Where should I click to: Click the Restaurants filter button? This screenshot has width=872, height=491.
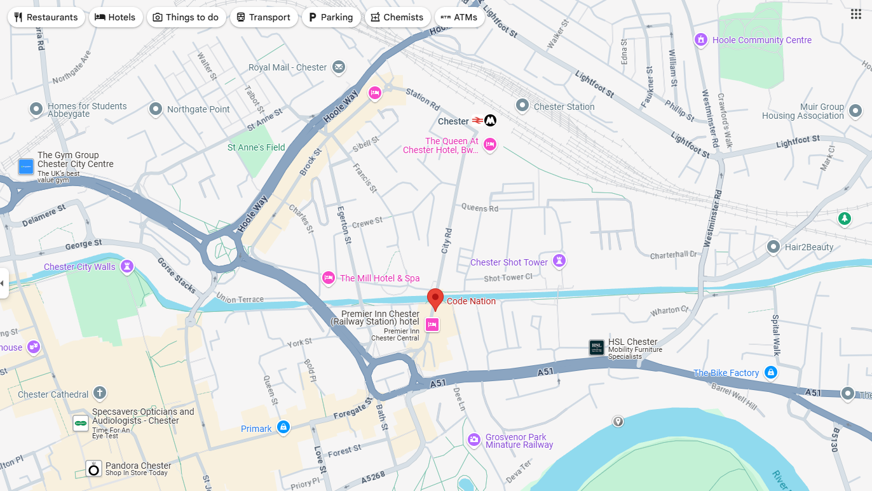pos(46,17)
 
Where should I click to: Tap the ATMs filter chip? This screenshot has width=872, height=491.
pos(459,17)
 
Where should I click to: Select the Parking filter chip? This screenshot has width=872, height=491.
pos(330,17)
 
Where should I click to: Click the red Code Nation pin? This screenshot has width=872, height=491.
pos(435,299)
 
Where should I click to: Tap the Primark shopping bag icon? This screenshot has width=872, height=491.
pos(283,427)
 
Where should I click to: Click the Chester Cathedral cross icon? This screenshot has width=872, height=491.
pos(99,393)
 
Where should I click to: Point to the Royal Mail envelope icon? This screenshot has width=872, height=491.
pos(339,67)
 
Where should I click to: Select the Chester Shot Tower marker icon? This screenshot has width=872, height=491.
pos(559,260)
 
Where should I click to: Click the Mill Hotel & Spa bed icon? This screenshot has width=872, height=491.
pos(329,277)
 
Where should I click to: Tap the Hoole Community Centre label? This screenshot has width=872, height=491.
pos(761,40)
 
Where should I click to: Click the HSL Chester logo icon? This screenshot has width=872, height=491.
pos(596,347)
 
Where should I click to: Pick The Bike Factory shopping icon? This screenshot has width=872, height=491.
pos(770,372)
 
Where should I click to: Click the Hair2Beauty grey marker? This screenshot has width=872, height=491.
pos(773,246)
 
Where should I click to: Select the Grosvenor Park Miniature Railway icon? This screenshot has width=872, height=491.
pos(474,440)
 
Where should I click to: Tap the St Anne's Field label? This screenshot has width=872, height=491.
pos(256,147)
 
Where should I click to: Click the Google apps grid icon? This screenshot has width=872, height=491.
pos(856,14)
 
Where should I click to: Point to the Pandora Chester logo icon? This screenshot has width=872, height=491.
pos(94,469)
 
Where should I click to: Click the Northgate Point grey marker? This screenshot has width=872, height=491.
pos(156,109)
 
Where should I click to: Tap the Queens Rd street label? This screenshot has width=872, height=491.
pos(479,208)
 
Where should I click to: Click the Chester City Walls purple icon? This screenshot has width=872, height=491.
pos(127,266)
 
